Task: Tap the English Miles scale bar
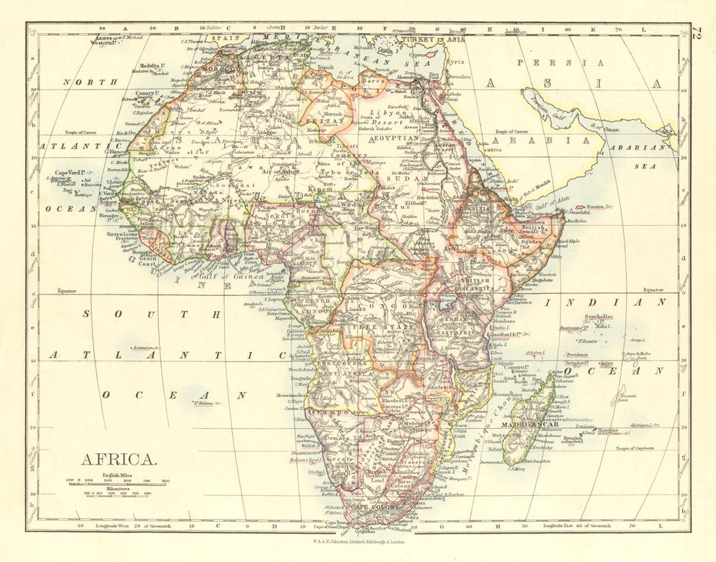[118, 485]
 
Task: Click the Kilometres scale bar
[118, 493]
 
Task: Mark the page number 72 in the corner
[698, 32]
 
